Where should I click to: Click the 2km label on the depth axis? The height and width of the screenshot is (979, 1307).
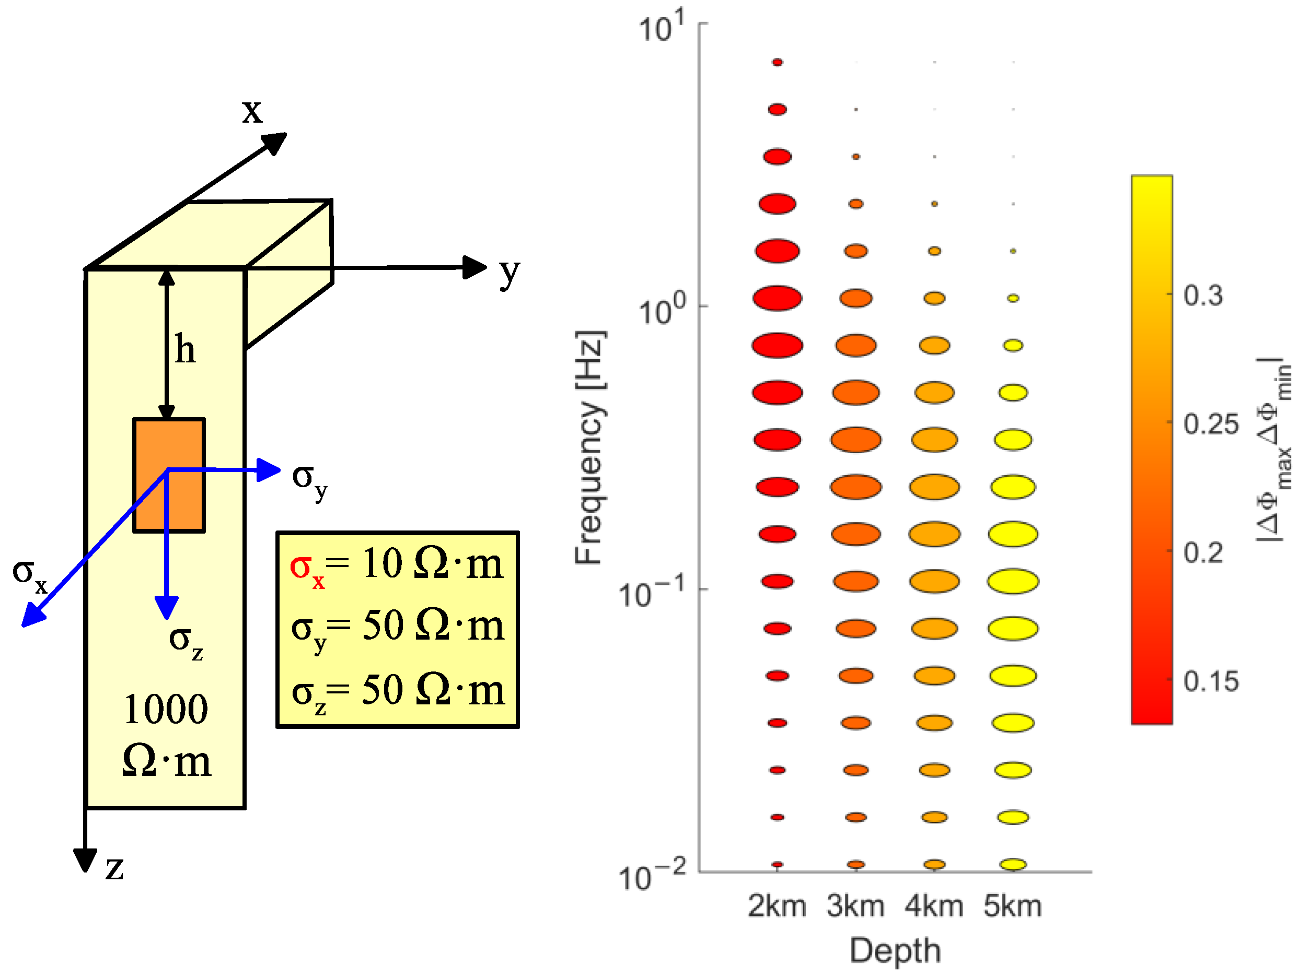(x=777, y=906)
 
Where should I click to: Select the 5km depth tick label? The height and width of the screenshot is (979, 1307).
(x=1013, y=906)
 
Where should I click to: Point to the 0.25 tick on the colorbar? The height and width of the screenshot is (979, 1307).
(x=1210, y=424)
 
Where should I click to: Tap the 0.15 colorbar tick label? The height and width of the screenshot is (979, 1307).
(x=1210, y=681)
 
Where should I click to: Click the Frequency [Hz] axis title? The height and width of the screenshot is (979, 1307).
(x=589, y=447)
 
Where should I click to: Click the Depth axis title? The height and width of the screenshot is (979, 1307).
(x=895, y=951)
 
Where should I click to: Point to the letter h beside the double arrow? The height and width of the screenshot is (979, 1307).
(x=185, y=349)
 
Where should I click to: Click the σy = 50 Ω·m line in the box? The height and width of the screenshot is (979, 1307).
(x=398, y=628)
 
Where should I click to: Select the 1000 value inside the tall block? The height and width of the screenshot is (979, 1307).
(x=166, y=709)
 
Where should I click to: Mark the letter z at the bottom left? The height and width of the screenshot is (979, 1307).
(x=114, y=867)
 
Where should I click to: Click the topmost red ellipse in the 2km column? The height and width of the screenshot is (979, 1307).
(x=778, y=62)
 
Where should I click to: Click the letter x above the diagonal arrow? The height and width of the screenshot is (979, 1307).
(x=252, y=110)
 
